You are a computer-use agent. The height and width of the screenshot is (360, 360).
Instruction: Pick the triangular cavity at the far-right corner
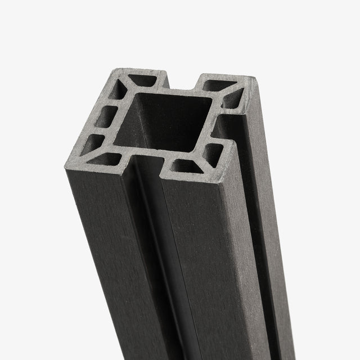(235, 97)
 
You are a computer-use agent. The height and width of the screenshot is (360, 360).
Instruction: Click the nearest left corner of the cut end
(65, 164)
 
